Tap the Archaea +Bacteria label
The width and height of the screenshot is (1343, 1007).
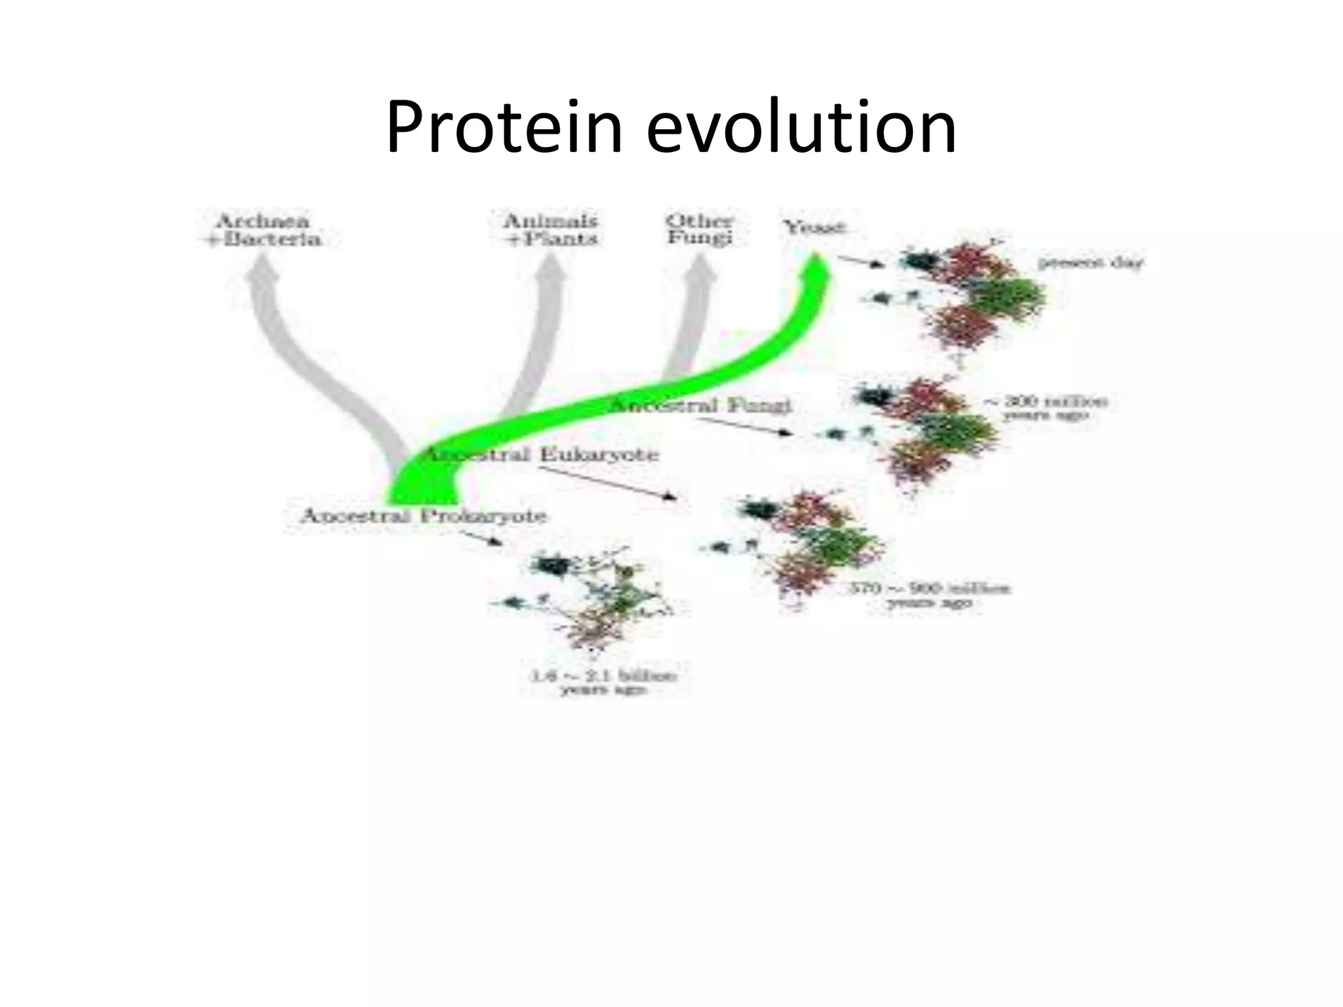pos(263,229)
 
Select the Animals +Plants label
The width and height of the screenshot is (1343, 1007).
pos(551,229)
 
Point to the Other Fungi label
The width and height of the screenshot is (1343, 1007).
pos(699,229)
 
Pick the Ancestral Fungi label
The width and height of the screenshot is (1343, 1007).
pos(702,406)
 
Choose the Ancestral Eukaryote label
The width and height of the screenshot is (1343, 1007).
pos(541,454)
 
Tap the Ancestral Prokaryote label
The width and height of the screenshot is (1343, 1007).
pos(423,516)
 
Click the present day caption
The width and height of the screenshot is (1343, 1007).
pos(1090,263)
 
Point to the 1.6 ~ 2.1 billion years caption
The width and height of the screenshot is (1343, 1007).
pos(603,682)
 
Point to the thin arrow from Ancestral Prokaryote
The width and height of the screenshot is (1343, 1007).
pos(481,538)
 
